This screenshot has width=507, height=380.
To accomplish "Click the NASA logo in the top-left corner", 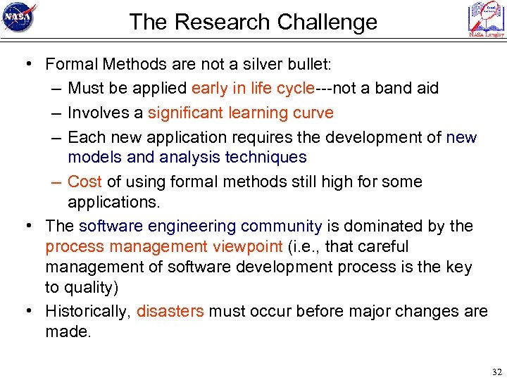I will click(19, 19).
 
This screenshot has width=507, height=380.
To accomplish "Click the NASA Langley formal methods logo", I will click(486, 19).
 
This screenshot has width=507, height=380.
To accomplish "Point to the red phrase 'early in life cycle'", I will click(252, 89).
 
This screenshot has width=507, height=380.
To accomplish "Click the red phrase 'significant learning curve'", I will click(241, 113).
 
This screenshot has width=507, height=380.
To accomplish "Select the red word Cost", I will click(84, 182).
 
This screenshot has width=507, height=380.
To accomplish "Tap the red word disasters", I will click(170, 311).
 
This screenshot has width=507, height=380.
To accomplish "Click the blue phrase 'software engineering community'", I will click(200, 227).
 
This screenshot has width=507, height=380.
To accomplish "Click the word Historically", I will click(88, 311).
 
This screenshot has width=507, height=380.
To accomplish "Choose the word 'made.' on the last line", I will click(68, 331).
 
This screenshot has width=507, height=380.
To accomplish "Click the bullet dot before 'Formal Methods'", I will click(27, 65).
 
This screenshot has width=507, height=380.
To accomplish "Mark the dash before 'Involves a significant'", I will click(56, 113).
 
